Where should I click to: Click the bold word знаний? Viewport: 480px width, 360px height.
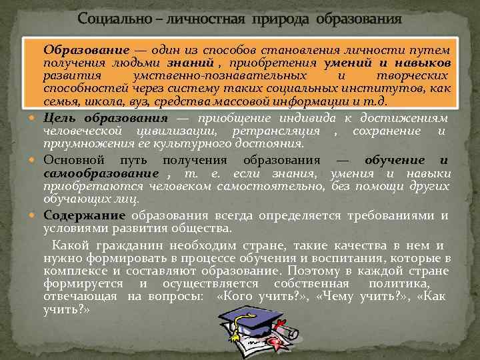click(x=197, y=62)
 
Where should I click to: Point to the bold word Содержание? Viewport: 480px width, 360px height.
click(x=85, y=215)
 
